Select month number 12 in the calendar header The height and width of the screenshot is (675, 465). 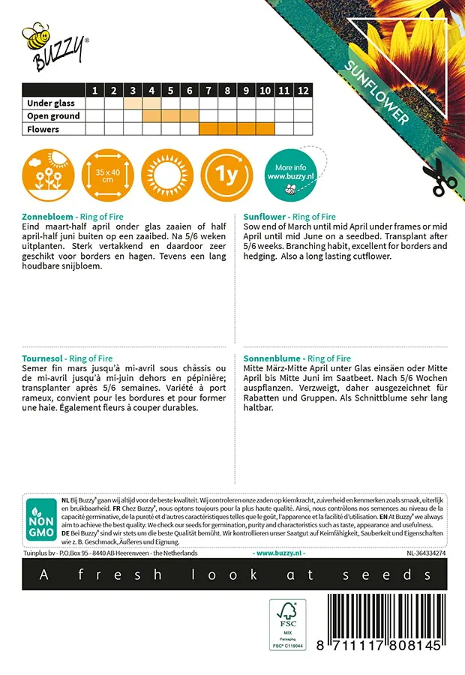pos(303,91)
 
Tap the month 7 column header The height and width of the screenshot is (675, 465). pos(208,91)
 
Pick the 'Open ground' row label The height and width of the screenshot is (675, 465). pos(53,116)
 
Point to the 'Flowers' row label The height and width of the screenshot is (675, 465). pos(43,129)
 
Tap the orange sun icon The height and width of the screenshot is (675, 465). pos(167,175)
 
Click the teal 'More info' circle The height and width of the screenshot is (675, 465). pos(290,175)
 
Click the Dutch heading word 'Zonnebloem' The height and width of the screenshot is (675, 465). pos(48,217)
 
